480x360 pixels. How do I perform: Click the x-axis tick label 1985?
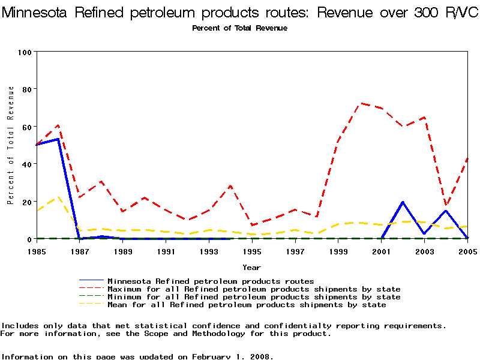pyautogui.click(x=37, y=251)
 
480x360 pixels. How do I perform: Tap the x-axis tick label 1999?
pyautogui.click(x=339, y=251)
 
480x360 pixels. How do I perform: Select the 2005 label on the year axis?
pyautogui.click(x=468, y=251)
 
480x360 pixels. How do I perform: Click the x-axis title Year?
pyautogui.click(x=251, y=267)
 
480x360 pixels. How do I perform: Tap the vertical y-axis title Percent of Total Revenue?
pyautogui.click(x=11, y=145)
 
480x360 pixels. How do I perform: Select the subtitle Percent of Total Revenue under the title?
pyautogui.click(x=239, y=28)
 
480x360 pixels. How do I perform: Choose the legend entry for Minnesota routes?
pyautogui.click(x=211, y=281)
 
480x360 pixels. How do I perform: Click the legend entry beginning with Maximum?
pyautogui.click(x=254, y=289)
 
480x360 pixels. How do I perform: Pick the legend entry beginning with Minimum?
pyautogui.click(x=254, y=297)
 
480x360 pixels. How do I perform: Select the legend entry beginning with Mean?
pyautogui.click(x=247, y=305)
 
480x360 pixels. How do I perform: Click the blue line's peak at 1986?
pyautogui.click(x=58, y=139)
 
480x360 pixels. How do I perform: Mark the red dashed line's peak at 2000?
pyautogui.click(x=361, y=103)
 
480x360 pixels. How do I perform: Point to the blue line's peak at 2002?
pyautogui.click(x=403, y=202)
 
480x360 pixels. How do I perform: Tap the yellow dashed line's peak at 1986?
pyautogui.click(x=58, y=197)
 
